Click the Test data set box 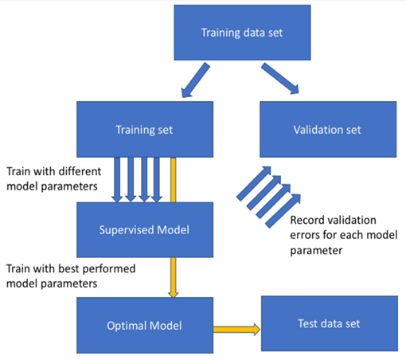coord(327,325)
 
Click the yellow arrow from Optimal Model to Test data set coord(238,327)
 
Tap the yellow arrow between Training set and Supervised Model coord(173,178)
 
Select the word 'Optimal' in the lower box coord(127,325)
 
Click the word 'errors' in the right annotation coord(306,234)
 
